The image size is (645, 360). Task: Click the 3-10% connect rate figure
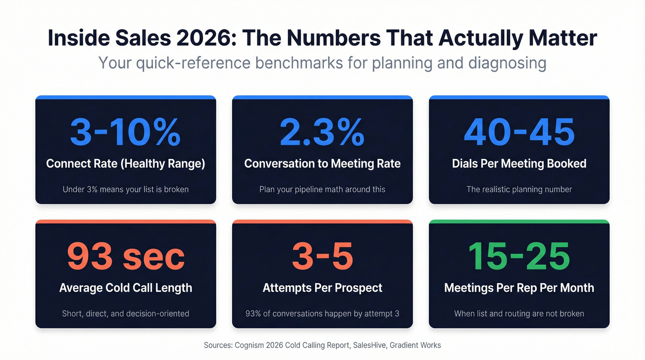point(125,132)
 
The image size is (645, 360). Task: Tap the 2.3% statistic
point(322,132)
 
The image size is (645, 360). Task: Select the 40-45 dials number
point(519,132)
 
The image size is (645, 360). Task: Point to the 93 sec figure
point(125,256)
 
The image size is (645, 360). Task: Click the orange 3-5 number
point(322,256)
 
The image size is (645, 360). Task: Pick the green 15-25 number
point(519,256)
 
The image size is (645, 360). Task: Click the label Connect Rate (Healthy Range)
point(125,164)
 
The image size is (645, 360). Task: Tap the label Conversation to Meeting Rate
point(322,164)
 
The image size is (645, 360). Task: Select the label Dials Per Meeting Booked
point(519,164)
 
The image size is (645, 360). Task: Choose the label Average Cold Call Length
point(125,288)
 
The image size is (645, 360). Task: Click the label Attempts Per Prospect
point(322,288)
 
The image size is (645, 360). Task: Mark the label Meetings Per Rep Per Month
point(519,288)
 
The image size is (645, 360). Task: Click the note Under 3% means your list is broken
point(125,189)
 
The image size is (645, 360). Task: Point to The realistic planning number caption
point(519,189)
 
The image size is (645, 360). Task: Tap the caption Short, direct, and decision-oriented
point(125,313)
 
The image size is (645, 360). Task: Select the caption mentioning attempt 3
point(322,313)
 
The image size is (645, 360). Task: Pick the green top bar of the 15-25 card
point(519,222)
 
